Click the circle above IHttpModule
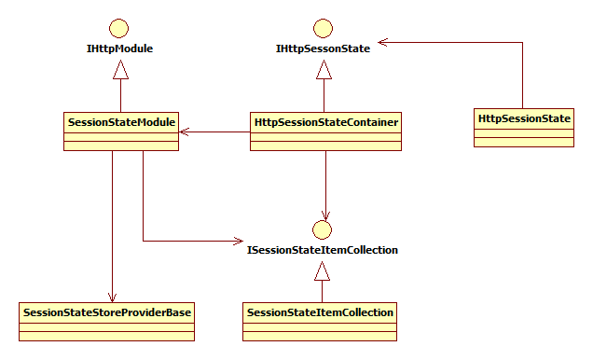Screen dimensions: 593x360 (118, 28)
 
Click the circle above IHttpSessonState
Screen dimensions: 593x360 (323, 28)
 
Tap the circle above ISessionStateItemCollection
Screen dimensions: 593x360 (323, 229)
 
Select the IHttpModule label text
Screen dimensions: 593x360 (120, 48)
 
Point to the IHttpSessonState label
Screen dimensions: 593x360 (323, 48)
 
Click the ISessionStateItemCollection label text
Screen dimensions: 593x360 (323, 250)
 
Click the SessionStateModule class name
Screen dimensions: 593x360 (121, 122)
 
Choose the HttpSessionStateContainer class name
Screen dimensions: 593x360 (326, 122)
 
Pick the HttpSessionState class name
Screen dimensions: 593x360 (524, 118)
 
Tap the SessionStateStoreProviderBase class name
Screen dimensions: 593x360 (107, 312)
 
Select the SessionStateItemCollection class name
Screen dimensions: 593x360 (320, 312)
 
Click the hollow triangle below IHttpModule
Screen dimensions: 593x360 (120, 70)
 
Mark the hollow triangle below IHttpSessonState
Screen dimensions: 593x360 (324, 70)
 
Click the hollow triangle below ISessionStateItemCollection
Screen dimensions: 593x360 (323, 271)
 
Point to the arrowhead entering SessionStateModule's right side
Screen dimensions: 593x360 (185, 132)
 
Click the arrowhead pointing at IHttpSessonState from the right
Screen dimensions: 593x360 (382, 42)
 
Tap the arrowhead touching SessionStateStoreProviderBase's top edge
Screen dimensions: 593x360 (112, 298)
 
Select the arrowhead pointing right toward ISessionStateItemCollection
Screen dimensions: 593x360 (239, 241)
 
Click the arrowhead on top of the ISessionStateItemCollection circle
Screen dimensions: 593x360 (325, 215)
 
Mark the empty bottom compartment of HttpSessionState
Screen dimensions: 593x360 (524, 142)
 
